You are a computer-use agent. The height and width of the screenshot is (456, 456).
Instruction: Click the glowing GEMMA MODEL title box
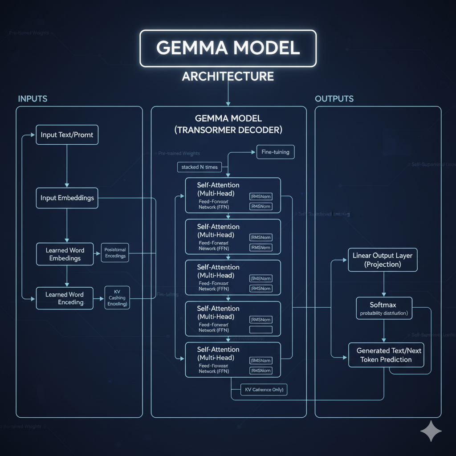coord(228,48)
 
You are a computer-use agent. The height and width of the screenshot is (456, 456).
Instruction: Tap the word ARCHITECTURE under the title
coord(228,76)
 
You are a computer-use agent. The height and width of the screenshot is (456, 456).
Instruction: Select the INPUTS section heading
coord(33,98)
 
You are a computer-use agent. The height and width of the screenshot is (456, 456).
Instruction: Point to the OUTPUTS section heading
coord(334,98)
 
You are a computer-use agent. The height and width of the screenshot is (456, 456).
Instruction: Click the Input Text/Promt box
coord(67,134)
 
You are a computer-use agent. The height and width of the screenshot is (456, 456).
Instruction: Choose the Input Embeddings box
coord(67,198)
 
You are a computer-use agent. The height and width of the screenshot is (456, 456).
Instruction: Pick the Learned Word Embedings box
coord(65,254)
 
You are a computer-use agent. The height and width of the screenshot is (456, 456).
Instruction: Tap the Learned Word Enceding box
coord(65,298)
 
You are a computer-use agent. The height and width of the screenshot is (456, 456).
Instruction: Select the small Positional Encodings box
coord(115,253)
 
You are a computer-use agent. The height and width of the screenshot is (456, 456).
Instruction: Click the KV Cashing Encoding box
coord(117,297)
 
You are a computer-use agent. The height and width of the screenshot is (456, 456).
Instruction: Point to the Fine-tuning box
coord(275,152)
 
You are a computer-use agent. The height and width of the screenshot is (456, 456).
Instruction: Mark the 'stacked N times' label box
coord(199,167)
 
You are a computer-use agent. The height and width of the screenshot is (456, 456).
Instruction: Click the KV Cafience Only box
coord(264,390)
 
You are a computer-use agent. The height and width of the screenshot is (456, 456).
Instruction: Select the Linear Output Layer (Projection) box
coord(383,260)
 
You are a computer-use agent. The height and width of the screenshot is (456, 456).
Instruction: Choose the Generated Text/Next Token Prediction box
coord(386,355)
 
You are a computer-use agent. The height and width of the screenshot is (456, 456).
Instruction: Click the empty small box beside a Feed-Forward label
coord(261,330)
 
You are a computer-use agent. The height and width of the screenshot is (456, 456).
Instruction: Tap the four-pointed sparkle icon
coord(431,431)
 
